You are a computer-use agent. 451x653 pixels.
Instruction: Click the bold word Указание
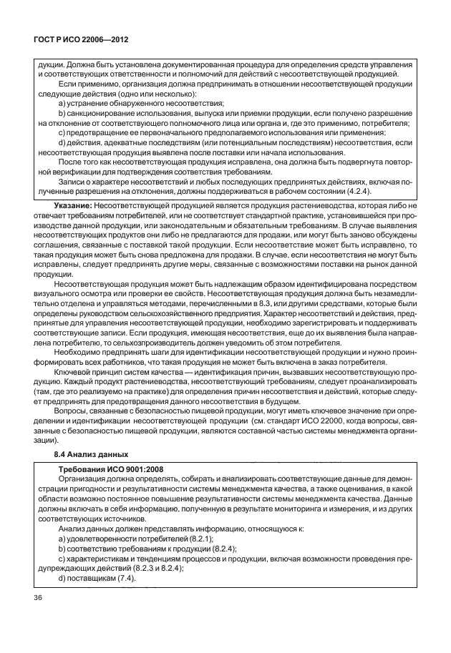tap(77, 205)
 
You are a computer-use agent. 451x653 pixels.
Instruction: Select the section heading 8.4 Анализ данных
tap(92, 454)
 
